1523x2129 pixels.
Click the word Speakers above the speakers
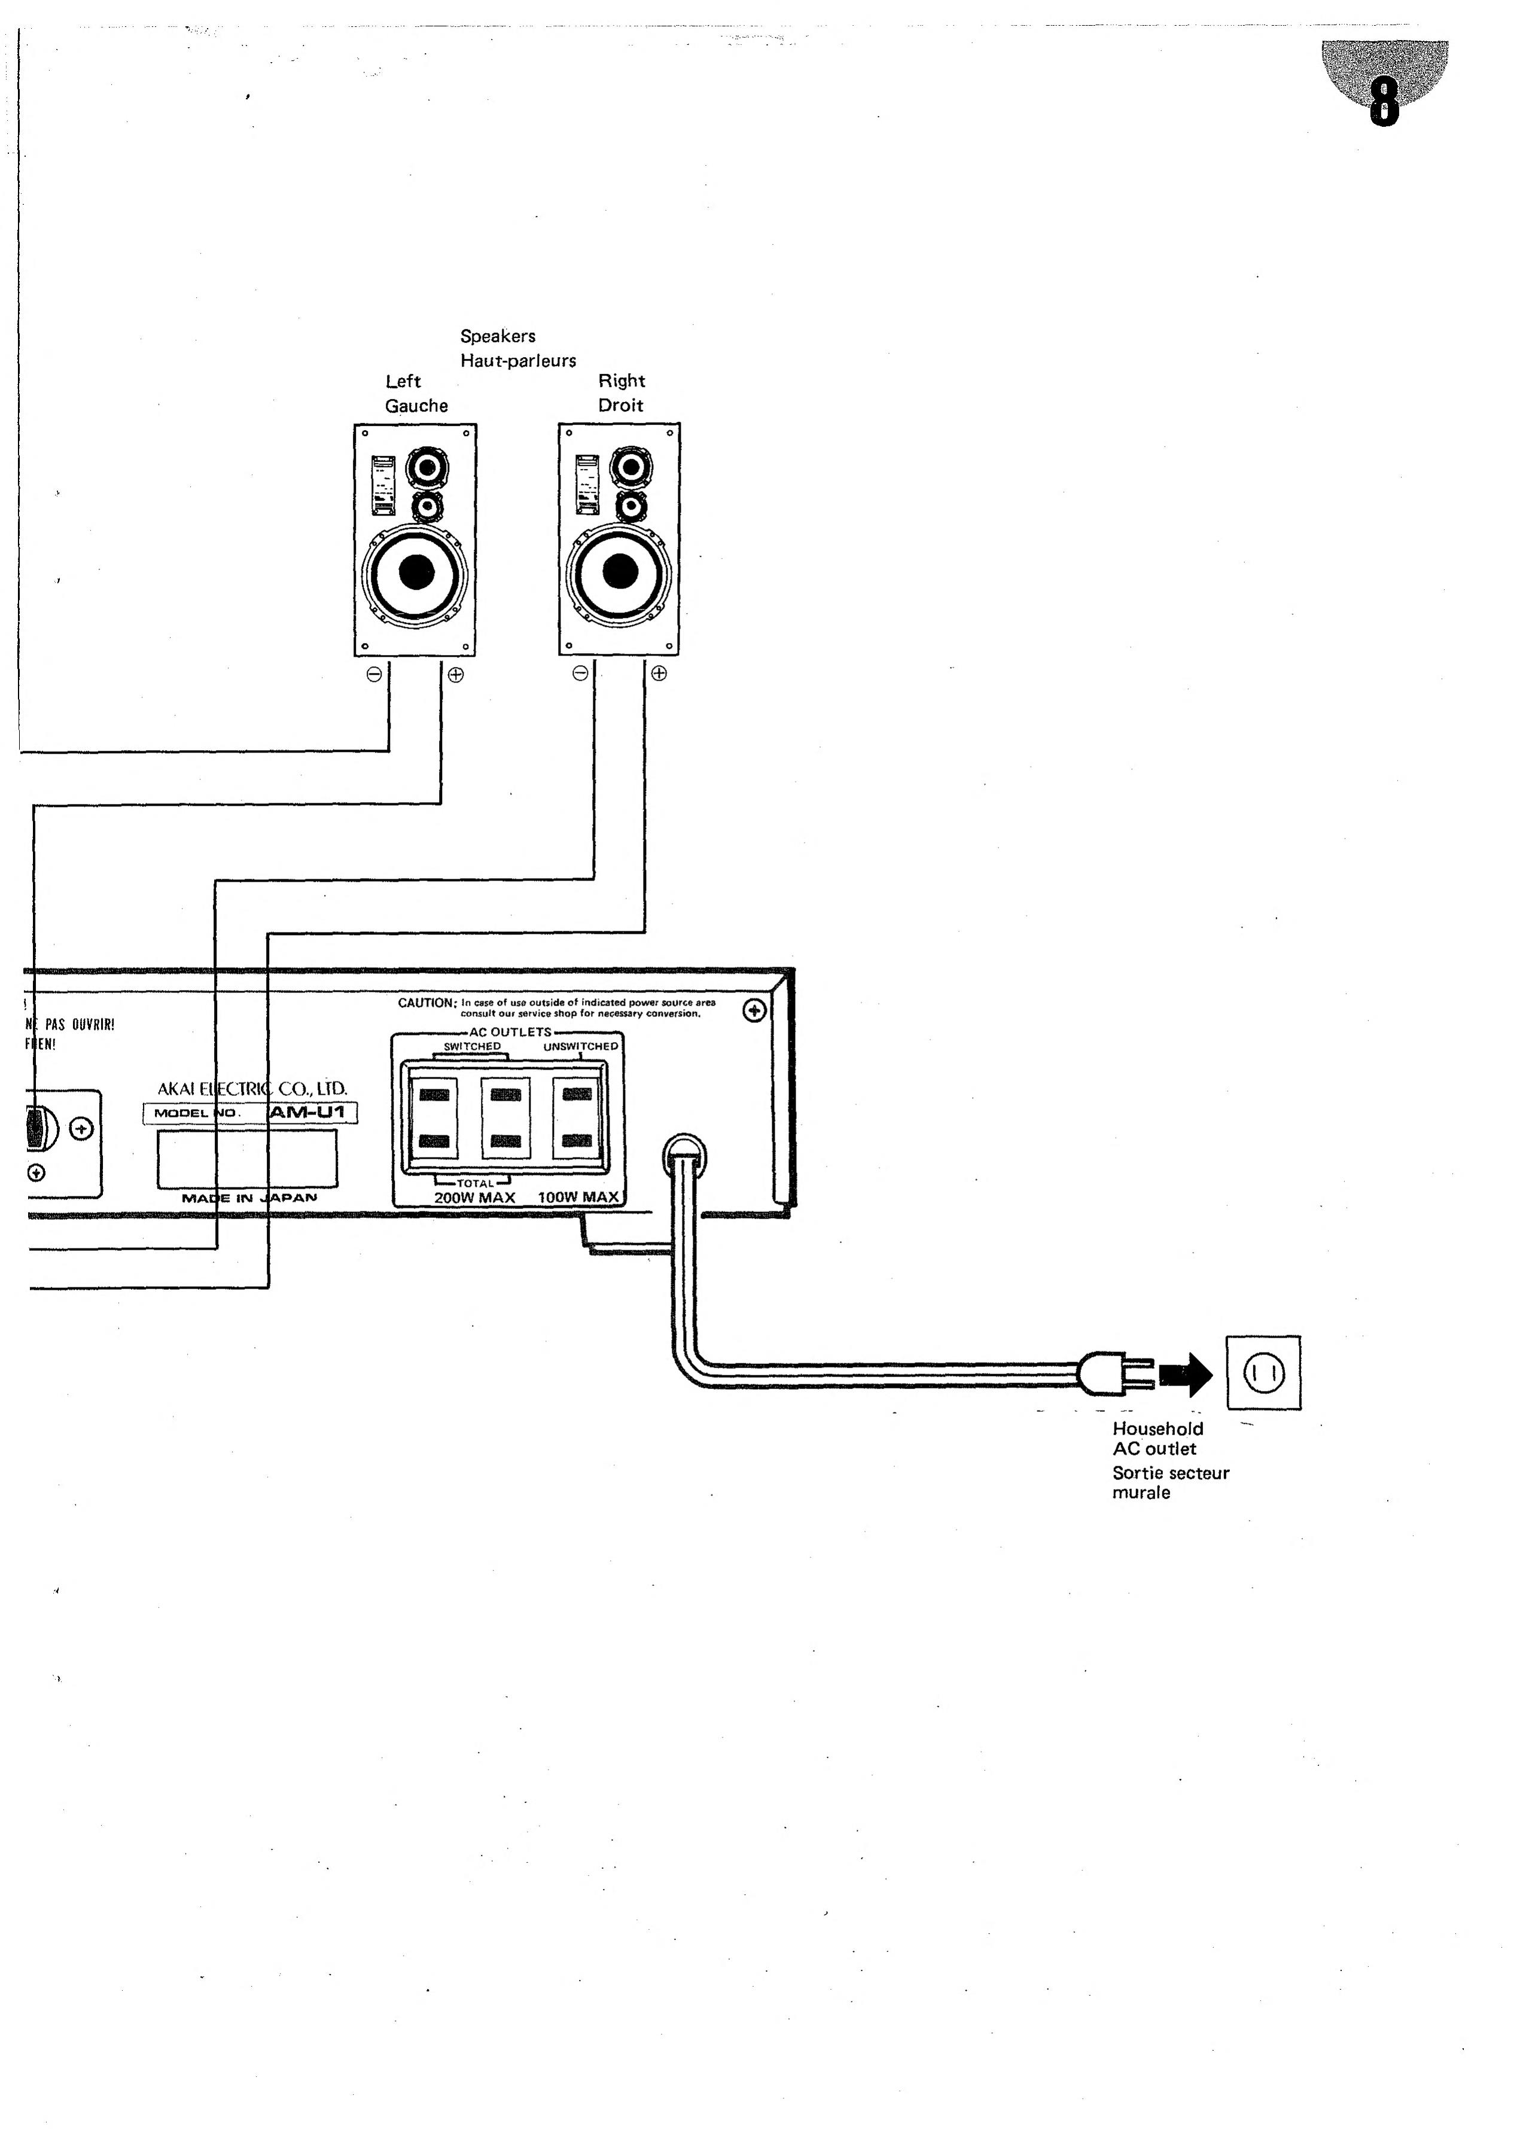click(497, 336)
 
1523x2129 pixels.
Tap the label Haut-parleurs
click(517, 360)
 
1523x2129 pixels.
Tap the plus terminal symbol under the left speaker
click(456, 674)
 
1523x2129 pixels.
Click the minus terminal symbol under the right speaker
click(580, 674)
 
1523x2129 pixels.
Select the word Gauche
click(416, 405)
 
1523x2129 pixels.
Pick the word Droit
click(621, 405)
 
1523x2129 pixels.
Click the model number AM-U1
click(307, 1112)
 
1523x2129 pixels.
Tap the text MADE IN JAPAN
click(249, 1198)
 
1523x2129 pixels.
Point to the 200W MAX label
click(474, 1198)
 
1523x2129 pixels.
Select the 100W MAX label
click(578, 1198)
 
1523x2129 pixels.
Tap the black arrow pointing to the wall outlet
click(1186, 1374)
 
